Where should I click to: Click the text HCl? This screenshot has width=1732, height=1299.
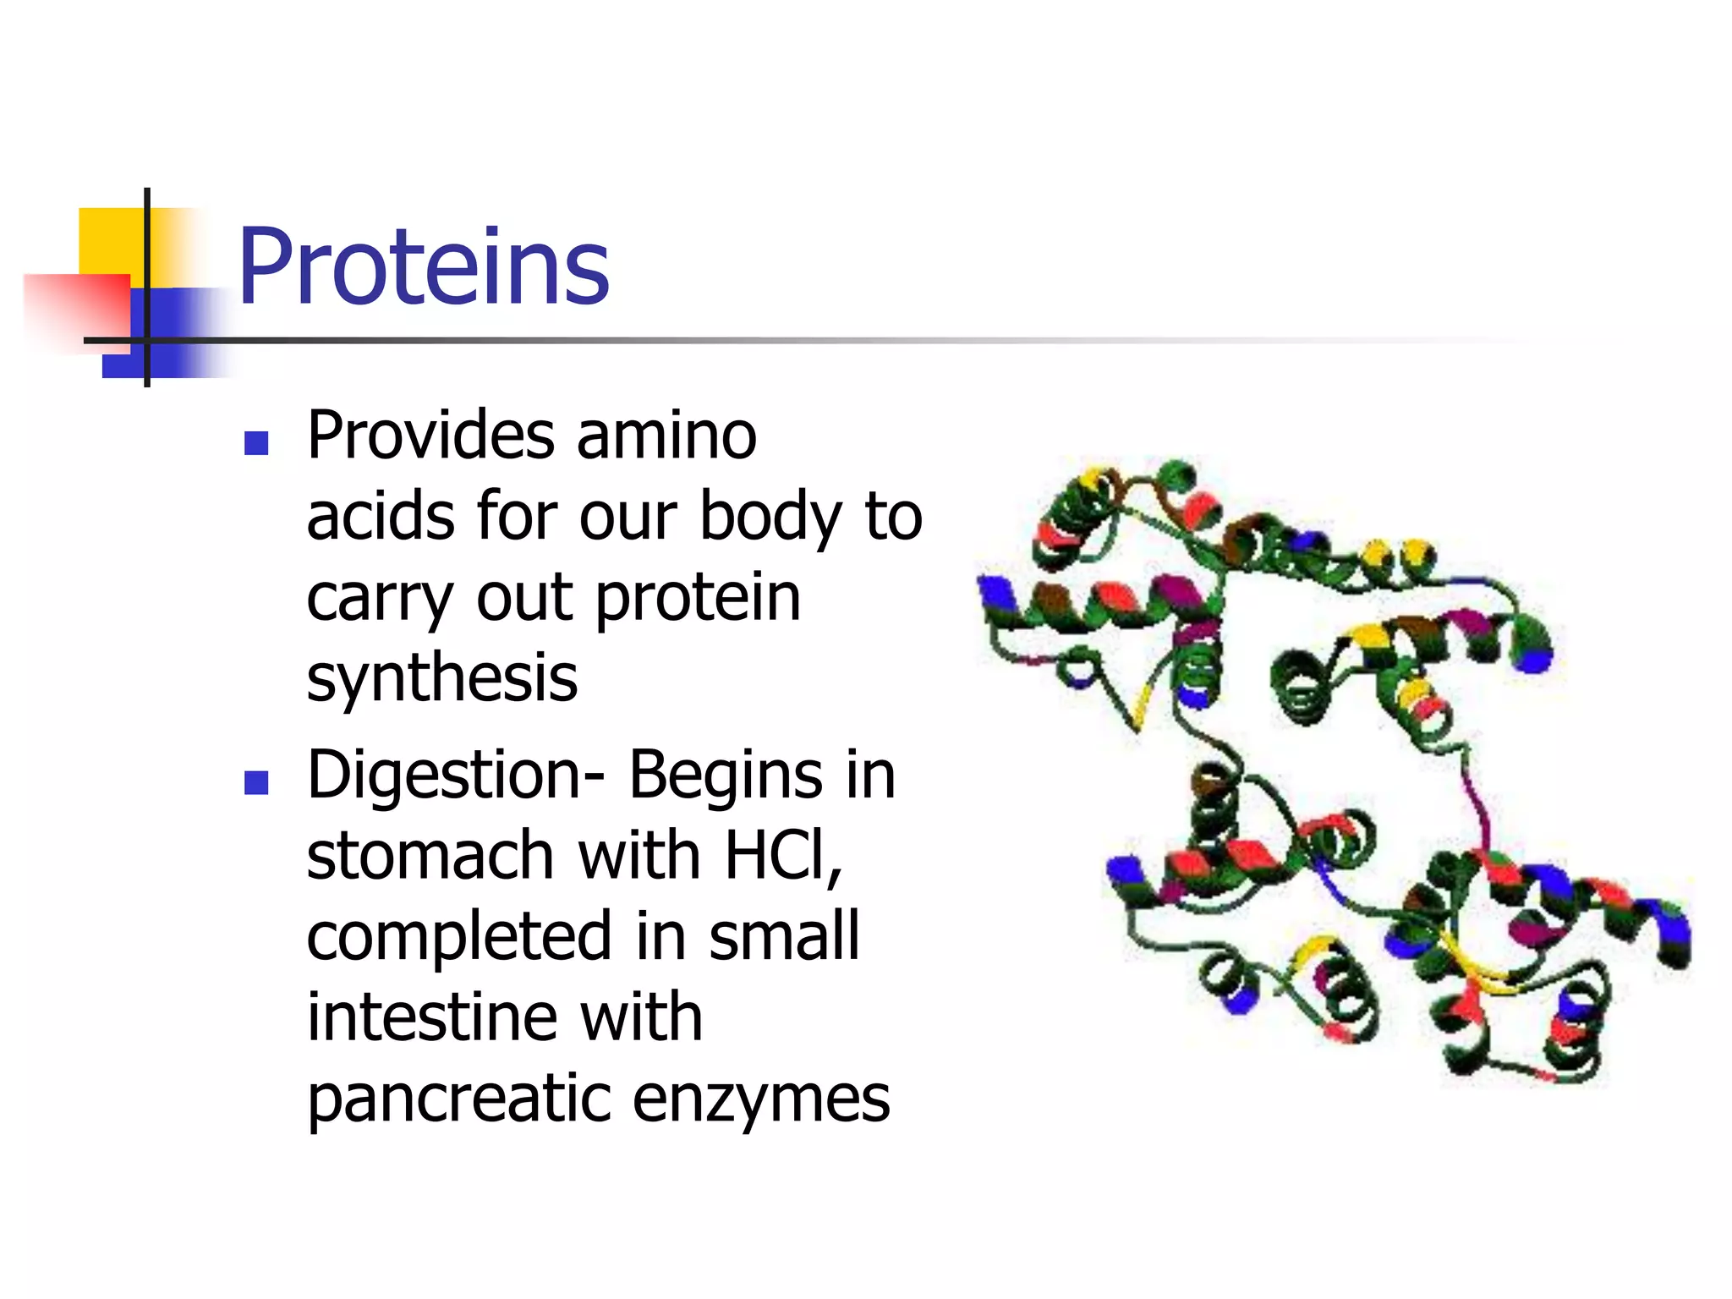pyautogui.click(x=783, y=856)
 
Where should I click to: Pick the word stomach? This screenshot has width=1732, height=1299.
pyautogui.click(x=430, y=856)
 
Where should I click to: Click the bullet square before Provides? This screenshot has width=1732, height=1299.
pyautogui.click(x=256, y=443)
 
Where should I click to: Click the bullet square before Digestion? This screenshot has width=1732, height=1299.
pyautogui.click(x=256, y=782)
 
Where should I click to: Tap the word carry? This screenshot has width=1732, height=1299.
pyautogui.click(x=380, y=599)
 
